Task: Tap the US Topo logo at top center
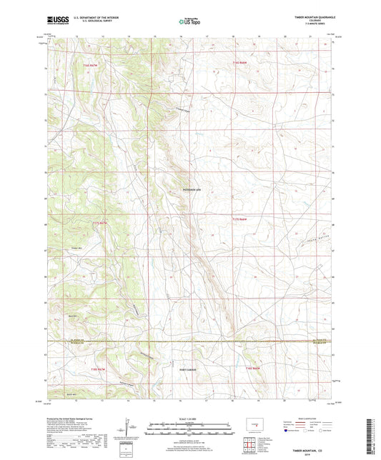189,21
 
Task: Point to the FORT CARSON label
187,369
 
